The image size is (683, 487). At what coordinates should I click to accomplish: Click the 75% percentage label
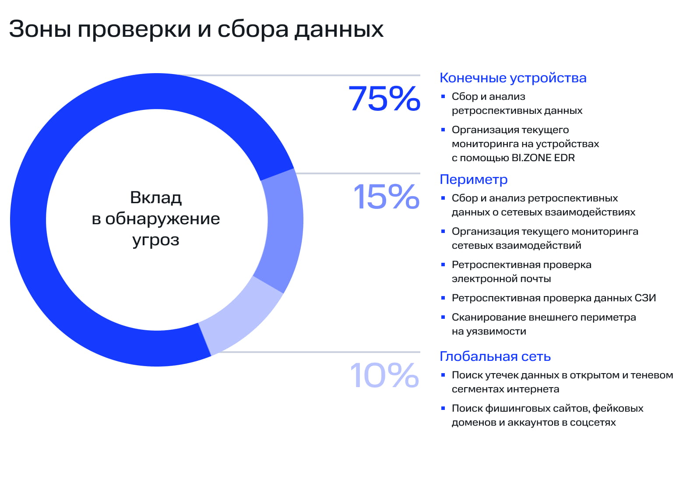pyautogui.click(x=384, y=99)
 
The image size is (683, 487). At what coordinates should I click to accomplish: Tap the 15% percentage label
pyautogui.click(x=386, y=197)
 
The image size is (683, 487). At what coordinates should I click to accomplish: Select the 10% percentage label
pyautogui.click(x=384, y=375)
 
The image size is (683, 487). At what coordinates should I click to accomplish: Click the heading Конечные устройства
pyautogui.click(x=513, y=78)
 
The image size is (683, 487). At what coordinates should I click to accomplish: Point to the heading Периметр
pyautogui.click(x=473, y=180)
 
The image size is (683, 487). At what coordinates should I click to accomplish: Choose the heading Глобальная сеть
pyautogui.click(x=495, y=356)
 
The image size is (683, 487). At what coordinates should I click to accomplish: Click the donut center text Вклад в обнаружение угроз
pyautogui.click(x=156, y=219)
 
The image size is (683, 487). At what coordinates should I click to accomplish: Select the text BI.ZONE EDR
pyautogui.click(x=543, y=158)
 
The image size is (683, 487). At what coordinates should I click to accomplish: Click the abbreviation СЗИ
pyautogui.click(x=645, y=298)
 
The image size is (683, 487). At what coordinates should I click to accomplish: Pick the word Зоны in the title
pyautogui.click(x=40, y=29)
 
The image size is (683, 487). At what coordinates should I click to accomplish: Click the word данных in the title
pyautogui.click(x=338, y=29)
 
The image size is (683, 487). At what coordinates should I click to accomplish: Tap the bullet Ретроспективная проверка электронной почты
pyautogui.click(x=521, y=272)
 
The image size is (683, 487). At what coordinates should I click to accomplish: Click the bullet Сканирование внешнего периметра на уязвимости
pyautogui.click(x=543, y=324)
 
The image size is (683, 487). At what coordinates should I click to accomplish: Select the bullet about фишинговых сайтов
pyautogui.click(x=547, y=415)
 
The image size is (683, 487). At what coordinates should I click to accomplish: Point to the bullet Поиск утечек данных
pyautogui.click(x=562, y=382)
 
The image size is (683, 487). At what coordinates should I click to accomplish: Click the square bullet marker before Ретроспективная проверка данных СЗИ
pyautogui.click(x=443, y=298)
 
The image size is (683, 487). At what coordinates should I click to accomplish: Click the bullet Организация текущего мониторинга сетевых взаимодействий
pyautogui.click(x=545, y=238)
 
